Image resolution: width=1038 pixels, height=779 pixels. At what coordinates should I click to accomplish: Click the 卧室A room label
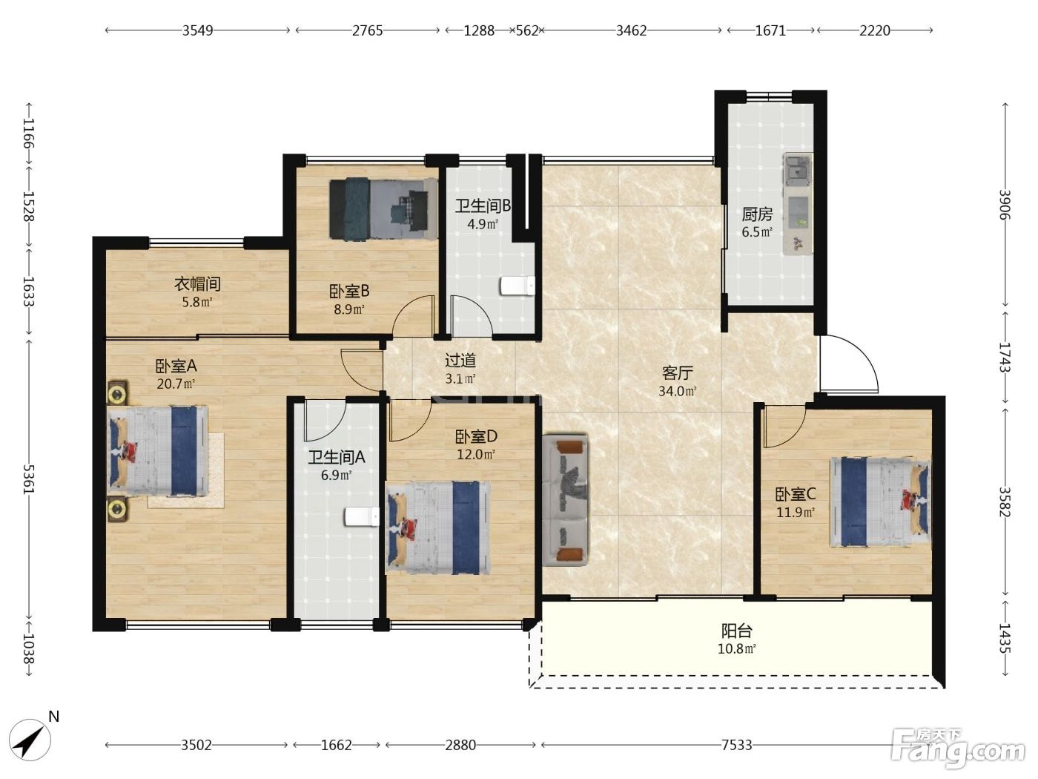click(x=176, y=366)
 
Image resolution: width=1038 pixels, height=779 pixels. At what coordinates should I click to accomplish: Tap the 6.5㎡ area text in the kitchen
click(x=757, y=232)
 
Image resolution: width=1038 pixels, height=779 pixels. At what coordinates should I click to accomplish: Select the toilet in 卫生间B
click(x=518, y=286)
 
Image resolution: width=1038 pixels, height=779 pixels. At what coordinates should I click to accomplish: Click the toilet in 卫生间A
click(x=362, y=517)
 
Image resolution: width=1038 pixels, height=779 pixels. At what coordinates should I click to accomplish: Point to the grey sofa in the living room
click(x=565, y=500)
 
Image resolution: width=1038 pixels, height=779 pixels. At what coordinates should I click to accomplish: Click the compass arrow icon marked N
click(x=30, y=740)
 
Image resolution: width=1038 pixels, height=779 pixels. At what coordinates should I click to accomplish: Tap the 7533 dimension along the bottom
click(x=736, y=745)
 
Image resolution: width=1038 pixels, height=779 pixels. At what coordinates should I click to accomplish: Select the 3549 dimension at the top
click(x=198, y=30)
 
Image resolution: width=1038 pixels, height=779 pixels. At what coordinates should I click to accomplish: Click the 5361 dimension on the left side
click(x=30, y=479)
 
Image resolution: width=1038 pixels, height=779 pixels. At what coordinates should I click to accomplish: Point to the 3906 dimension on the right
click(x=1005, y=204)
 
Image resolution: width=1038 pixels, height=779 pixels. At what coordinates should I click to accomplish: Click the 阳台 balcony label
click(x=737, y=631)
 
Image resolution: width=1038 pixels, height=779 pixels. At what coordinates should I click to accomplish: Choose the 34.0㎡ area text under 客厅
click(x=677, y=391)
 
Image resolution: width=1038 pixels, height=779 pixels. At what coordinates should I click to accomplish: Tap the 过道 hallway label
click(x=460, y=361)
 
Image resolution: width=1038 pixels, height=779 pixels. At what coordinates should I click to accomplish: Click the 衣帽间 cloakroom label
click(x=197, y=284)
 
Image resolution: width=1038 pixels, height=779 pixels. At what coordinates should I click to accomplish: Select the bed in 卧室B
click(x=383, y=208)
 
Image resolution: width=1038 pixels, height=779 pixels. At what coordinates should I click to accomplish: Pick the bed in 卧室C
click(x=880, y=502)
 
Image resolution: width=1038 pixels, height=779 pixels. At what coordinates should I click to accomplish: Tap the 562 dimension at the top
click(x=527, y=30)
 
